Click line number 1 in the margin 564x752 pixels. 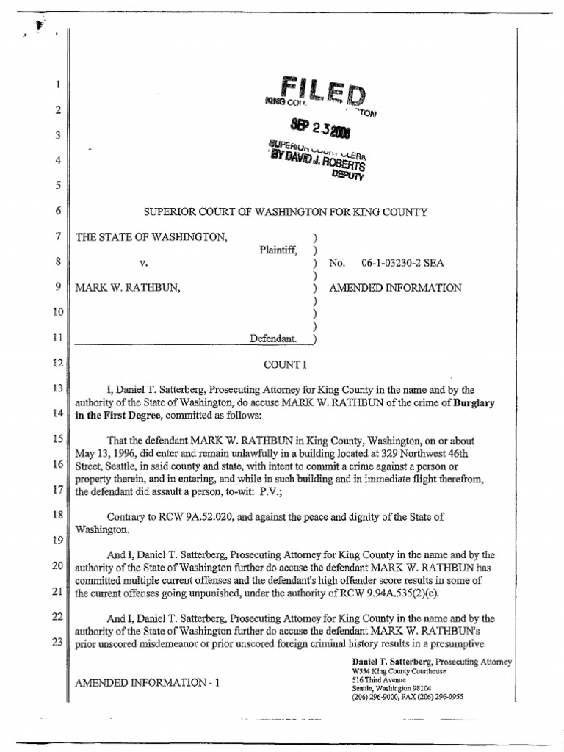(x=57, y=85)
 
